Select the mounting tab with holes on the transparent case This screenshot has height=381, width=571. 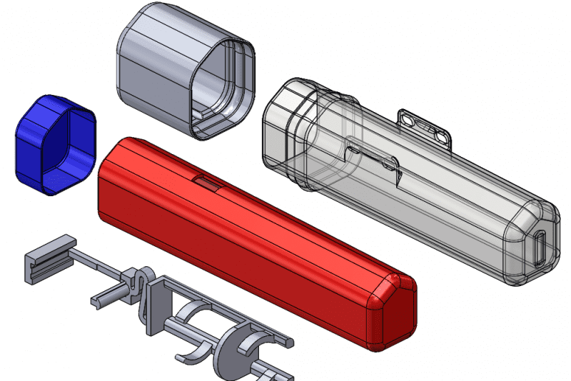click(425, 125)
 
